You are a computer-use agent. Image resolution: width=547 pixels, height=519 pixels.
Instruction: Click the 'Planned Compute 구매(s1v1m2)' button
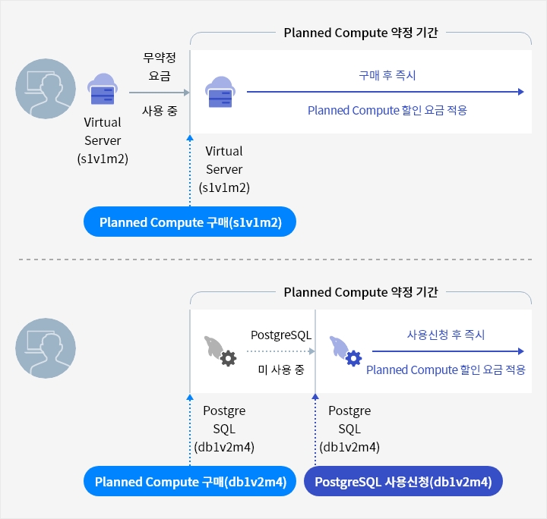189,222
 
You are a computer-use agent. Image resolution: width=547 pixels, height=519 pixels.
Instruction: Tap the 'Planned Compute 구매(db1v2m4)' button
189,481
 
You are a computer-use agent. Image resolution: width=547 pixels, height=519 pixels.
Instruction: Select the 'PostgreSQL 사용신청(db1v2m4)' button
403,481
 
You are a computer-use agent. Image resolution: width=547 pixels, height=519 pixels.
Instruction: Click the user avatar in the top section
46,89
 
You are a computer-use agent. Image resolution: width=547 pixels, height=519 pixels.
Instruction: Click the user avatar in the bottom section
46,348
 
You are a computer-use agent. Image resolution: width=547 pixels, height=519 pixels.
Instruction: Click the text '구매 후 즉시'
387,76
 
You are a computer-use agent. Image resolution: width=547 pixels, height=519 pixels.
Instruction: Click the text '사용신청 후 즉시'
446,335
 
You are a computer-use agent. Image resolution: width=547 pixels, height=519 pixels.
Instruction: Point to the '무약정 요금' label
157,66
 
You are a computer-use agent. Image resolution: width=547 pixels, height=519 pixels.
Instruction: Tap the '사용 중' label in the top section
160,110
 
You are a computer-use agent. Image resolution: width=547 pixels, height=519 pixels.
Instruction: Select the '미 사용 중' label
280,370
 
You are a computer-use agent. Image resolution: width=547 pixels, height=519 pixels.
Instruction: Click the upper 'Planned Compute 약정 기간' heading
361,33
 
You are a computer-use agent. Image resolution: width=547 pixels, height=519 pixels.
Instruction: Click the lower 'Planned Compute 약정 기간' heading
361,292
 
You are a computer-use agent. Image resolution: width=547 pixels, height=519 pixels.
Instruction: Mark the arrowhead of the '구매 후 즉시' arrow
520,92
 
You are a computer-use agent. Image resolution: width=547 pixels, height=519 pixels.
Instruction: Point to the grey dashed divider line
273,259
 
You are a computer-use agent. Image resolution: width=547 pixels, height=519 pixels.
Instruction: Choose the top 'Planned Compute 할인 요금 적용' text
387,110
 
